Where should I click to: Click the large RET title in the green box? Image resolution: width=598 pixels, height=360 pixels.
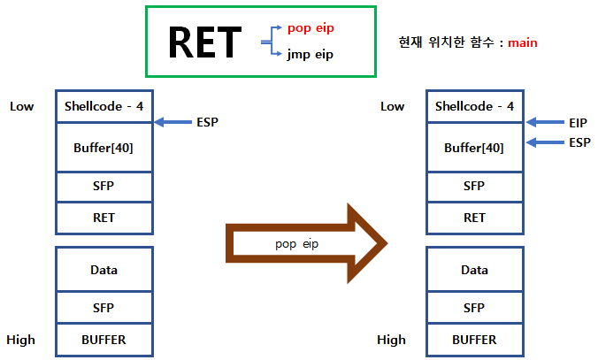(204, 41)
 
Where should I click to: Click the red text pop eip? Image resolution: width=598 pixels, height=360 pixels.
(310, 27)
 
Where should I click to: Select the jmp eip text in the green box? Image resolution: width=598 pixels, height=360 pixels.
(310, 54)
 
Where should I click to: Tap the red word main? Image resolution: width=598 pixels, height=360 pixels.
(522, 42)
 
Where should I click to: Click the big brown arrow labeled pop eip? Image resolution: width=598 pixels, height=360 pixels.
(307, 241)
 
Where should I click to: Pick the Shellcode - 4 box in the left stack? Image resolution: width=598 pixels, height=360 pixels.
(103, 107)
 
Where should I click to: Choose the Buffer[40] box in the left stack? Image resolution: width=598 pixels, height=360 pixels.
(103, 147)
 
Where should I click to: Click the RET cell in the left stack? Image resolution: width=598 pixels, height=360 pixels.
(103, 217)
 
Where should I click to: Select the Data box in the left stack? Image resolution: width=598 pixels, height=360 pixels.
(103, 270)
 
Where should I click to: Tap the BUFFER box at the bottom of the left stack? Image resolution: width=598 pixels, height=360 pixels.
(103, 339)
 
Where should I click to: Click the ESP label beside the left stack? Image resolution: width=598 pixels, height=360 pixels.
(207, 122)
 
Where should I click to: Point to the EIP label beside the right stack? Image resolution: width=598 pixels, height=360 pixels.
(579, 122)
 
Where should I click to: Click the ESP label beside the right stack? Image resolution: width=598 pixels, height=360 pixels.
(579, 142)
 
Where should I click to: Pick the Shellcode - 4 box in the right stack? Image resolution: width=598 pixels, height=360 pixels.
(475, 107)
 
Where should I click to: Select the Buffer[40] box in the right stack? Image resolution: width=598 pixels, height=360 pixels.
(475, 147)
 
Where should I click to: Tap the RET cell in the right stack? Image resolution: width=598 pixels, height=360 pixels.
(475, 217)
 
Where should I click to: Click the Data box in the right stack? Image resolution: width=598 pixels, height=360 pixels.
(475, 270)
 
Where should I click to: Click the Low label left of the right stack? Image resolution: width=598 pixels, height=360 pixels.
(393, 107)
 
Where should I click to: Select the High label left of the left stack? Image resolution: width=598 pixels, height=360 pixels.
(21, 340)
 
